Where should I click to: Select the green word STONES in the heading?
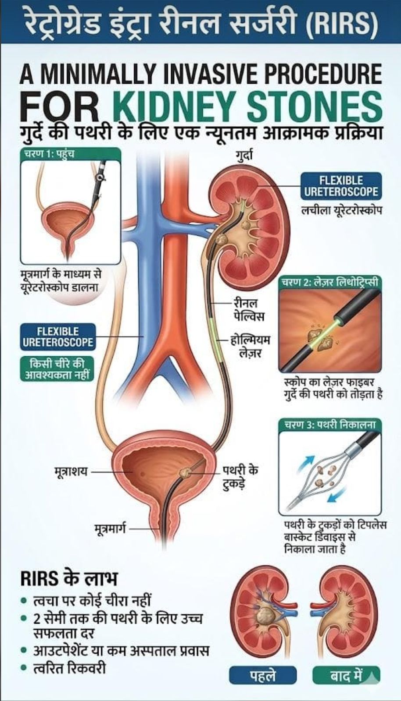coord(314,106)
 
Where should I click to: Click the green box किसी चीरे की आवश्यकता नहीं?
coord(57,368)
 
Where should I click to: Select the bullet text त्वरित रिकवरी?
coord(70,668)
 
